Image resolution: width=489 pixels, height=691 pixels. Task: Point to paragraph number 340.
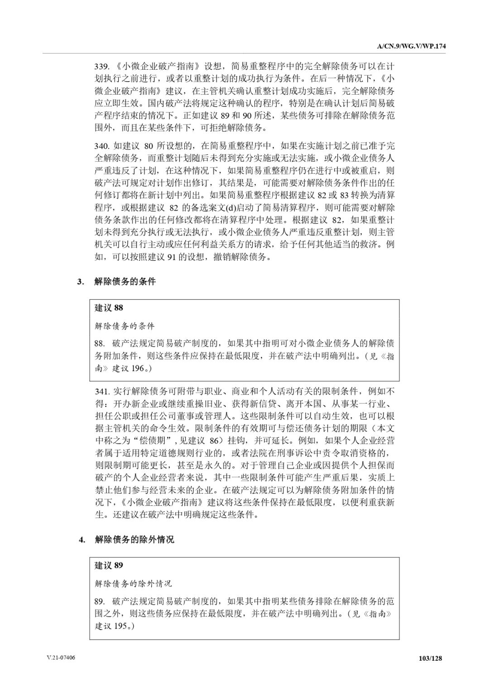point(101,146)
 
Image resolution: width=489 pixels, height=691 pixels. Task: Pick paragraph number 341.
point(101,391)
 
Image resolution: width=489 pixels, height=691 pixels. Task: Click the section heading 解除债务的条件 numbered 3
point(125,281)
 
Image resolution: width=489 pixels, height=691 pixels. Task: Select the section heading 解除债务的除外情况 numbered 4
point(134,539)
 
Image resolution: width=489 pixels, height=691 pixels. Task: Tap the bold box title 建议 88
point(109,308)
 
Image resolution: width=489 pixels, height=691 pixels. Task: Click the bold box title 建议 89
point(109,566)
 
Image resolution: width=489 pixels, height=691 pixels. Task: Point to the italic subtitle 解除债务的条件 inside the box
point(125,326)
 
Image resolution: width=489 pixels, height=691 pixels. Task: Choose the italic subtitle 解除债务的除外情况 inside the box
point(134,584)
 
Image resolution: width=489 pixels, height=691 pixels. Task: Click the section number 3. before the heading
point(81,282)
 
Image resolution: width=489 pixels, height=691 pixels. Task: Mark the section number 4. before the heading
point(81,540)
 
